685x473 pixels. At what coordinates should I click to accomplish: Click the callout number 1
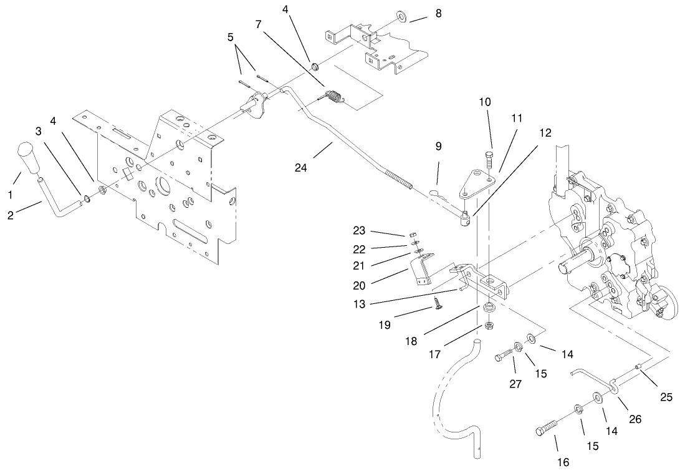point(9,195)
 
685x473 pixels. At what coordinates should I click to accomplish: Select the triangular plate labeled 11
point(477,187)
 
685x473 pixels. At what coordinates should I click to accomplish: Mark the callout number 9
point(438,146)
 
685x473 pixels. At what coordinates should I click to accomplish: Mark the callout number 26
point(634,419)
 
